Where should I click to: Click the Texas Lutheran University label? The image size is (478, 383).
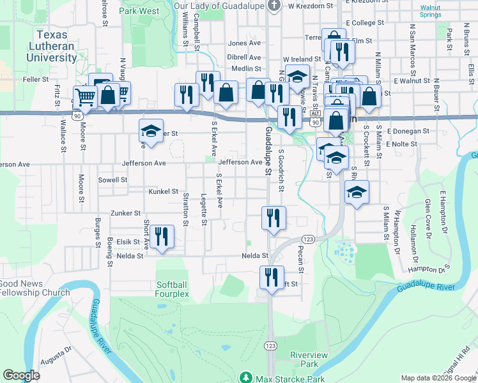(52, 46)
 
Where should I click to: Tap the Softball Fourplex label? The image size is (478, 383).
(173, 289)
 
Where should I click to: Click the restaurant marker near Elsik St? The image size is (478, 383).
(162, 237)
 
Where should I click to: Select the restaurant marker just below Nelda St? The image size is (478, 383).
(272, 278)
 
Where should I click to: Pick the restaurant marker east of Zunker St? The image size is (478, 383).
(274, 218)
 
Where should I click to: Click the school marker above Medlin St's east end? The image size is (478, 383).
(297, 77)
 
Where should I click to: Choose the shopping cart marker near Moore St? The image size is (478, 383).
(85, 98)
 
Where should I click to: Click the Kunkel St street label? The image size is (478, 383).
(163, 191)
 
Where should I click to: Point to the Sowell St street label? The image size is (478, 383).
(113, 180)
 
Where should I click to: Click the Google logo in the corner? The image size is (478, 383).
(22, 375)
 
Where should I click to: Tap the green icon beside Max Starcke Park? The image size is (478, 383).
(244, 378)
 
